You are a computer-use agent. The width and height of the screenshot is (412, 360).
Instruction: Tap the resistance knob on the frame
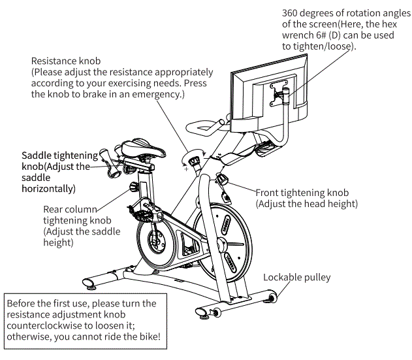pyautogui.click(x=193, y=159)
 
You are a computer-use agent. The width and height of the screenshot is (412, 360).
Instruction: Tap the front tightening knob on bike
pyautogui.click(x=223, y=179)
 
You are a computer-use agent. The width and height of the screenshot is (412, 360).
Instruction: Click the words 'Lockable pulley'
pyautogui.click(x=296, y=277)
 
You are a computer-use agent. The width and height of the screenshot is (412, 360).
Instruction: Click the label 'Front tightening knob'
pyautogui.click(x=302, y=193)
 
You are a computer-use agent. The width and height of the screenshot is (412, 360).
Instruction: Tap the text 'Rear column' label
pyautogui.click(x=70, y=209)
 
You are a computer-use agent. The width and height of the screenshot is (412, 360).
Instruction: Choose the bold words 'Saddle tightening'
pyautogui.click(x=59, y=155)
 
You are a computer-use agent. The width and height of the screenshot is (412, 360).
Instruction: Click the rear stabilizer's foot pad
pyautogui.click(x=91, y=285)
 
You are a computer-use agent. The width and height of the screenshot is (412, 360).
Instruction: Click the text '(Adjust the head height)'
pyautogui.click(x=307, y=204)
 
